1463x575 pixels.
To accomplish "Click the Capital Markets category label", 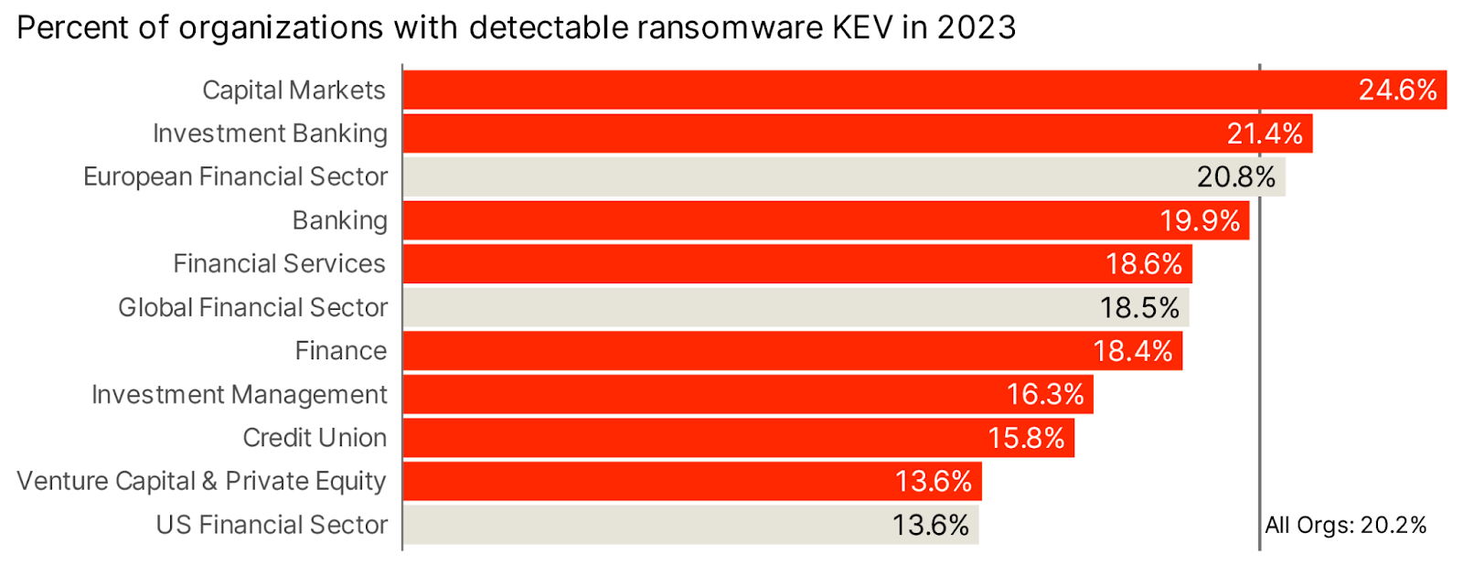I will click(294, 91).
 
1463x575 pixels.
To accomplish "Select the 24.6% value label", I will click(1396, 90).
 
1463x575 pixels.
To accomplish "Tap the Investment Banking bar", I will click(805, 133).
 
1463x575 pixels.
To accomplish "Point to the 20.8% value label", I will click(1235, 176).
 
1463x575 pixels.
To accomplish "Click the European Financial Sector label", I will click(235, 176).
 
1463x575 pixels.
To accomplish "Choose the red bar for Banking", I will click(777, 220).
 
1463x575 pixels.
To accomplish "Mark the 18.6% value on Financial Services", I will click(1143, 264).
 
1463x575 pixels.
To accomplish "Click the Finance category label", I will click(340, 351).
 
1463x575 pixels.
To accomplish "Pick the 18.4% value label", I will click(1132, 351).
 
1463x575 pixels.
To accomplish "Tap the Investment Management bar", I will click(695, 394).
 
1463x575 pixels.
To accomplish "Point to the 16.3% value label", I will click(1044, 394).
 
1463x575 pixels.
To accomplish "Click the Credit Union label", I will click(315, 438).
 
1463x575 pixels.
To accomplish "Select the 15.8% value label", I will click(1025, 438).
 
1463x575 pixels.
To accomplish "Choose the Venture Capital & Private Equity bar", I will click(640, 481).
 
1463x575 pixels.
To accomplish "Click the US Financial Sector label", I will click(272, 525).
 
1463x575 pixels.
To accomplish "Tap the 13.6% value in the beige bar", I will click(930, 525).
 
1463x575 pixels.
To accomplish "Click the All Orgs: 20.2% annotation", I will click(1345, 525).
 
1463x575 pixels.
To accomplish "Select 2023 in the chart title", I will click(976, 27).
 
